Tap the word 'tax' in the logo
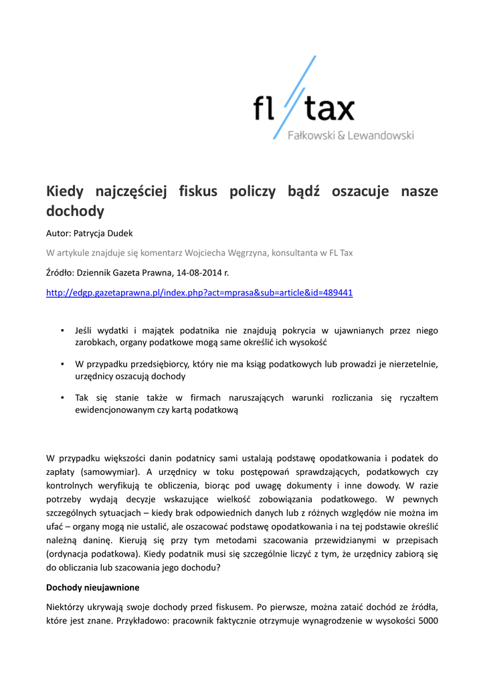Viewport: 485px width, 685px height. (328, 109)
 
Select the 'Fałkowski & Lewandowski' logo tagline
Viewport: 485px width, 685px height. (351, 135)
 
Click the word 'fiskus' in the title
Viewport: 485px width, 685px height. (198, 191)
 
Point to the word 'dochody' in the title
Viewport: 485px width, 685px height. (75, 212)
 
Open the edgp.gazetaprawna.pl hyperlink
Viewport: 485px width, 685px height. (199, 292)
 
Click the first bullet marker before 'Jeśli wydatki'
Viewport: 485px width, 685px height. (62, 330)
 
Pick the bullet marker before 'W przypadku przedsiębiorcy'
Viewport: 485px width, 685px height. (62, 365)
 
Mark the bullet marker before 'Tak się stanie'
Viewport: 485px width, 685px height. (62, 398)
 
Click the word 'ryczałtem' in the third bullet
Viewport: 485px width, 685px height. (419, 398)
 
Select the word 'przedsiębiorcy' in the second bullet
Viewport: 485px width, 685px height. (149, 365)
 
